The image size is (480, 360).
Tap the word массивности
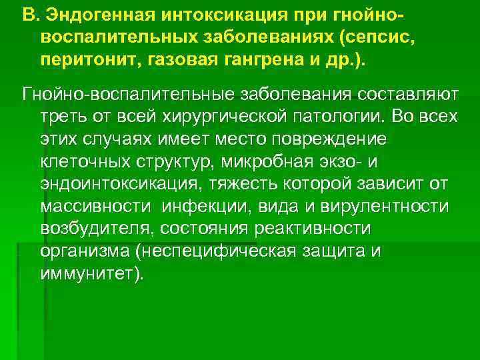click(x=86, y=209)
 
